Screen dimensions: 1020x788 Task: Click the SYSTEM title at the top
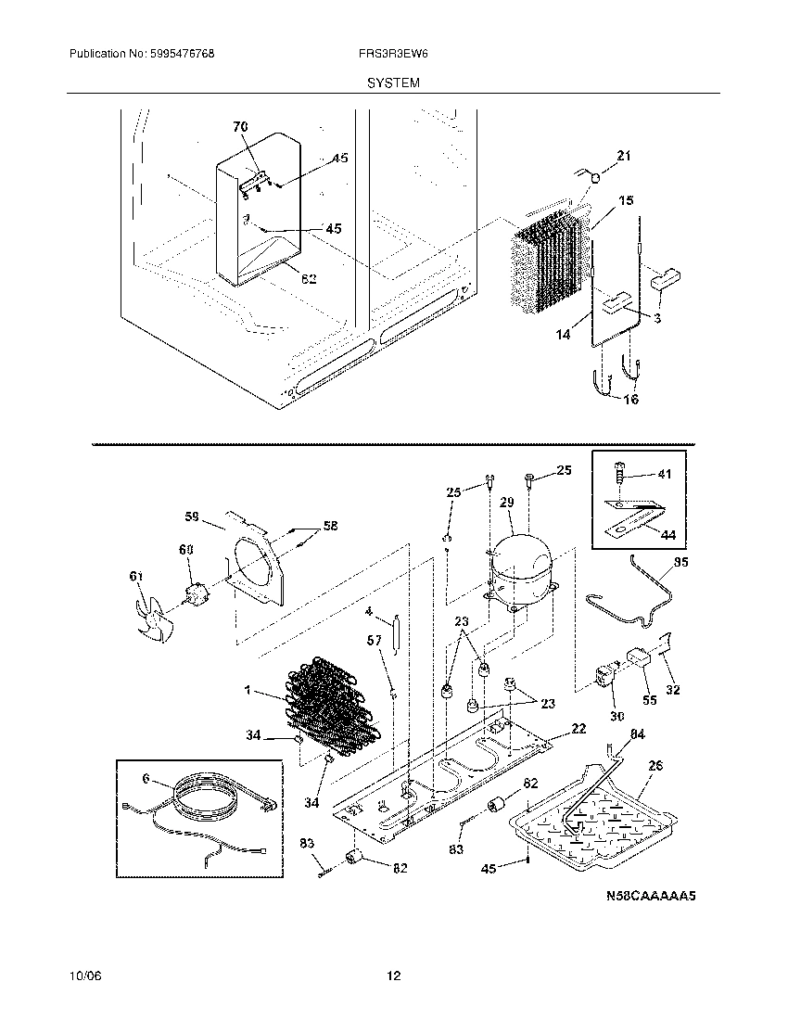393,83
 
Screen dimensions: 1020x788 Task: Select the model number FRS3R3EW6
393,55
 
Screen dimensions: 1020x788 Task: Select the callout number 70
240,125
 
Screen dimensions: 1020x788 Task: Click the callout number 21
623,156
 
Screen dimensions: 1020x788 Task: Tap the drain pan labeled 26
593,811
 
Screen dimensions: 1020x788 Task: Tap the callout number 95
680,562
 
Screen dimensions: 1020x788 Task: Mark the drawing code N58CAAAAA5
650,896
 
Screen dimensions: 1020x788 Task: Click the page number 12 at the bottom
394,976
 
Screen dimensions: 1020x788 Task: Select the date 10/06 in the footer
83,976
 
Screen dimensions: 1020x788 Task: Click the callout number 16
630,400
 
